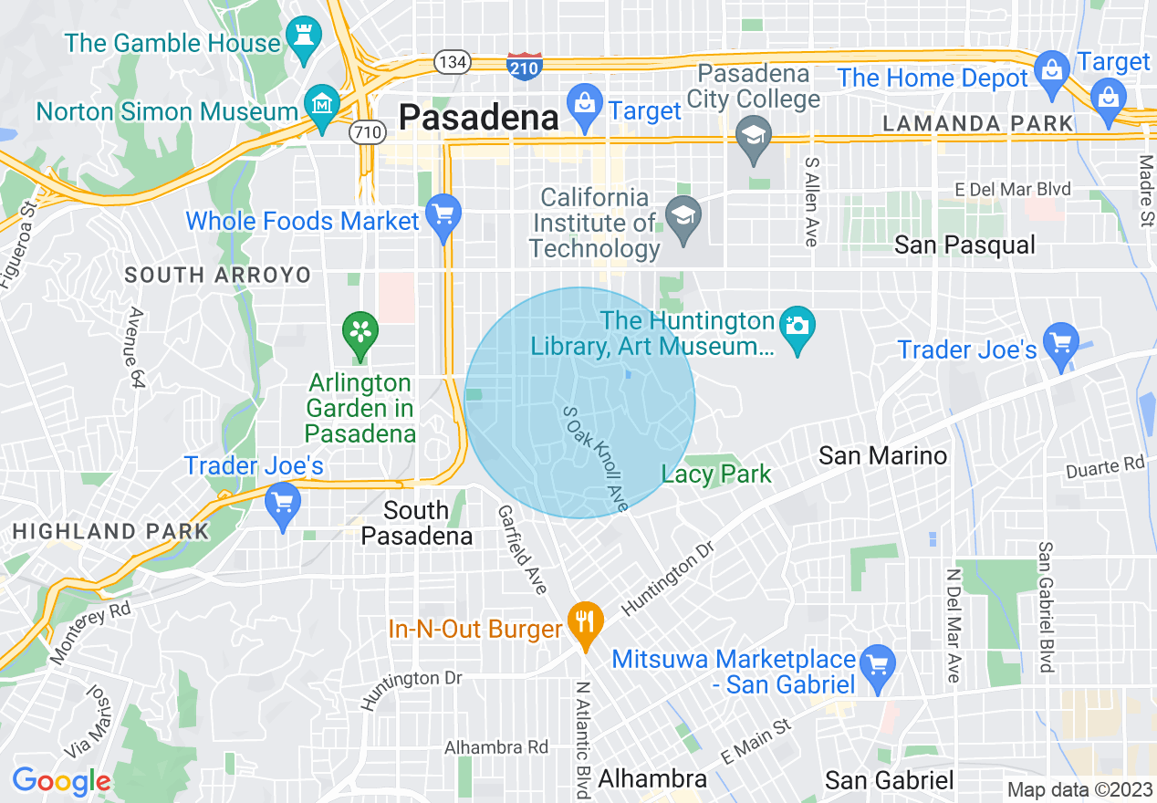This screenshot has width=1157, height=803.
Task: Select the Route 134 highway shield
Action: (453, 62)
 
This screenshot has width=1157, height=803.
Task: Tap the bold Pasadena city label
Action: (479, 117)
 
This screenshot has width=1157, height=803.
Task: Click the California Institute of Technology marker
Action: (683, 219)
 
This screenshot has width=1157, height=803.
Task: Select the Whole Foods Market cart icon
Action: (443, 217)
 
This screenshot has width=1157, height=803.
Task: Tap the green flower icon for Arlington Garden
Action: (360, 332)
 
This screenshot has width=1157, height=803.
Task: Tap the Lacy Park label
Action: (716, 474)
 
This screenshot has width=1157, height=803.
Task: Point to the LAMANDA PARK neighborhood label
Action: (977, 123)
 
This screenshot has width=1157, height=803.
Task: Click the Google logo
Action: (61, 782)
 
